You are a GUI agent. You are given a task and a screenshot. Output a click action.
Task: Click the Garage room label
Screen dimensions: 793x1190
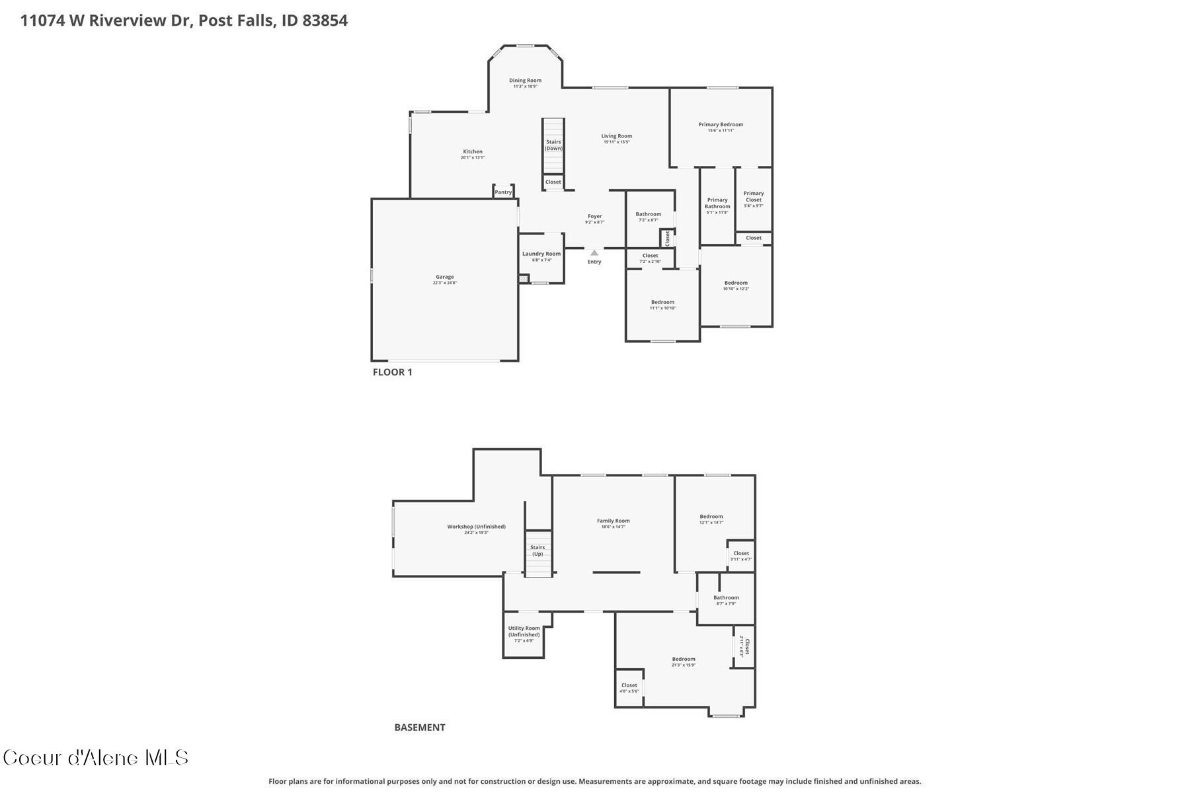[x=444, y=277]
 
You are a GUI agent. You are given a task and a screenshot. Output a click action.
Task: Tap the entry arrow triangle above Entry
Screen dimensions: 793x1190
[x=594, y=252]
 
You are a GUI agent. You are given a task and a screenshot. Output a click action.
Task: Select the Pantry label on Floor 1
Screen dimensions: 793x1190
[x=503, y=192]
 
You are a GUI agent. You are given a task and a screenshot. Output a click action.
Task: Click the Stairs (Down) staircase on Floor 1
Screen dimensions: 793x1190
[x=553, y=145]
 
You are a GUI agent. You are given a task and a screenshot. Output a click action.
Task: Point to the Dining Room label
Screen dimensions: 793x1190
[x=525, y=81]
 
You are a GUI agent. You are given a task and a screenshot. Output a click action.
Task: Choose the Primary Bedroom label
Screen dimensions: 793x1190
[x=721, y=124]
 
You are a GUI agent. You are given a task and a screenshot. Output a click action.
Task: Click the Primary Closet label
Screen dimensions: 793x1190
[x=753, y=196]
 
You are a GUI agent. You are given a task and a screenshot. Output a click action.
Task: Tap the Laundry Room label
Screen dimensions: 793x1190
[x=541, y=254]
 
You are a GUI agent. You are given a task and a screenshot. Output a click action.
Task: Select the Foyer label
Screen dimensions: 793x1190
[x=594, y=216]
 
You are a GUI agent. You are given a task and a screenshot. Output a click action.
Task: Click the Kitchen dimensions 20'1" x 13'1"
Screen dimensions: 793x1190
[x=473, y=158]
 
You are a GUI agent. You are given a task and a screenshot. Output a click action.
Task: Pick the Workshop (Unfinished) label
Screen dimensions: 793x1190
[x=476, y=527]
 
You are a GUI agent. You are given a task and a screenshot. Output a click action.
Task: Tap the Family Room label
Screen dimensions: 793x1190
[x=613, y=521]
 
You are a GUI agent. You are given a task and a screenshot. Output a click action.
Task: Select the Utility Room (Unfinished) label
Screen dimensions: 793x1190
[x=524, y=631]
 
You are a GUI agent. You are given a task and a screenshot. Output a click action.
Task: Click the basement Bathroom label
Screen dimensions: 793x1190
[x=726, y=597]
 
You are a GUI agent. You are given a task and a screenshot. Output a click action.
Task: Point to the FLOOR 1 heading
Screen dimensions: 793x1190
[x=392, y=372]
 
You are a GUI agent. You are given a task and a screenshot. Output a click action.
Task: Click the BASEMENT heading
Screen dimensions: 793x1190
[x=420, y=728]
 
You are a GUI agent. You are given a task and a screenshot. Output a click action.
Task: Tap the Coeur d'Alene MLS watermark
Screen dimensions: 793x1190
[x=96, y=758]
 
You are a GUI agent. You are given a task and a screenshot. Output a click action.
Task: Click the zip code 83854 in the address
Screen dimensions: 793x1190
[x=325, y=20]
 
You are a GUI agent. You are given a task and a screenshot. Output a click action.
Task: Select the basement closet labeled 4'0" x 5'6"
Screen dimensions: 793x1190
[x=629, y=688]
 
